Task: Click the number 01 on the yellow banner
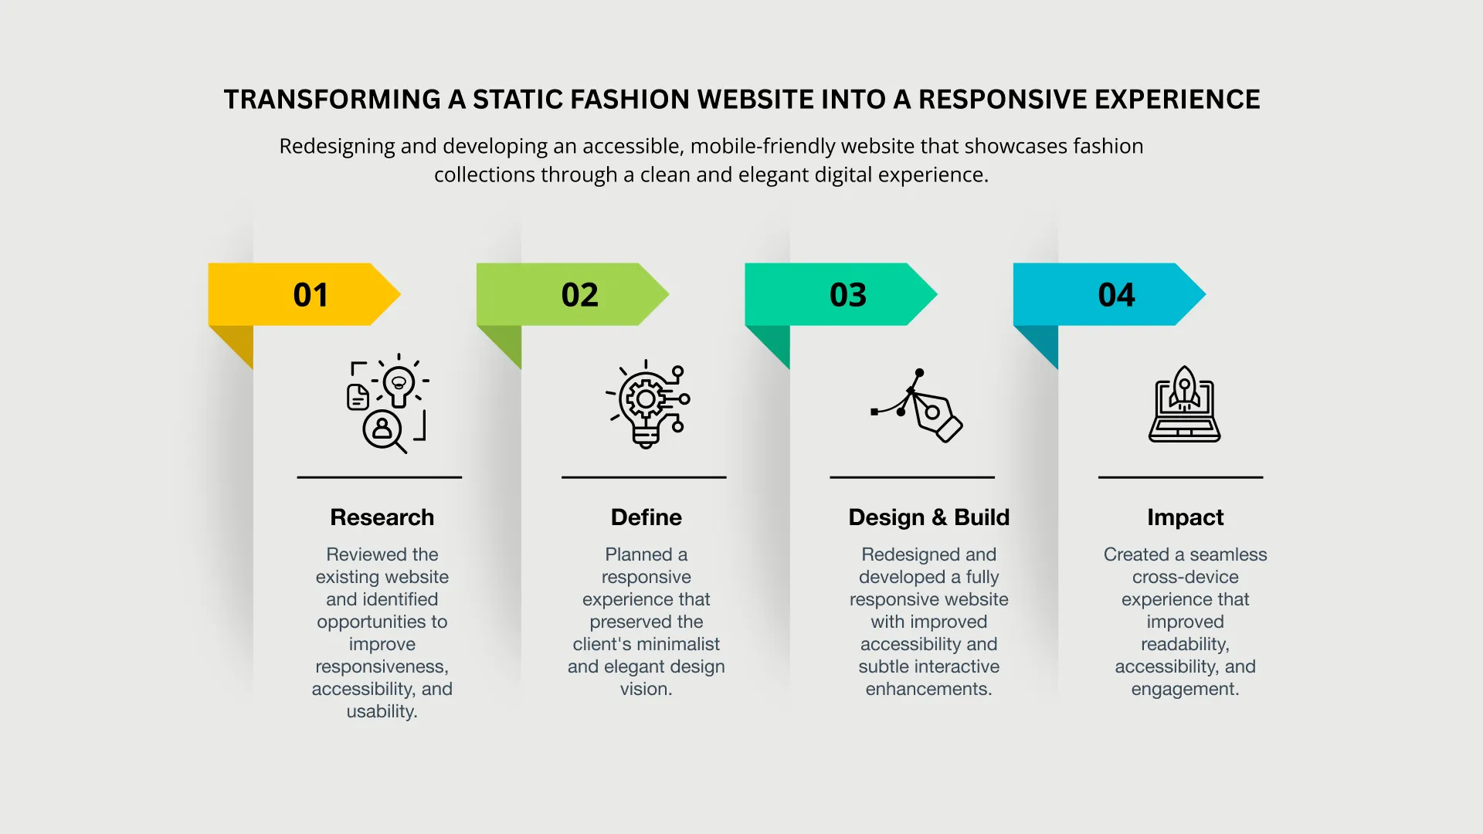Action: click(x=311, y=295)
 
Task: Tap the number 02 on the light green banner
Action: click(x=579, y=295)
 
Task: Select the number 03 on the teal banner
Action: click(x=848, y=295)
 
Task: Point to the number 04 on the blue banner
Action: click(x=1116, y=295)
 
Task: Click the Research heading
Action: click(x=382, y=517)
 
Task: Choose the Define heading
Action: click(x=646, y=517)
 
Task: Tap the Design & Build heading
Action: click(x=929, y=517)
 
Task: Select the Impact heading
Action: click(x=1186, y=518)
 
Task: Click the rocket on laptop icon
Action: click(x=1185, y=404)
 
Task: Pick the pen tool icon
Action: click(x=917, y=405)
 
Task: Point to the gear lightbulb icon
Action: click(x=647, y=404)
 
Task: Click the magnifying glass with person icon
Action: click(x=384, y=431)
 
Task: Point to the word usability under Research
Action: click(x=382, y=712)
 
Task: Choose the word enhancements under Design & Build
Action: click(x=928, y=689)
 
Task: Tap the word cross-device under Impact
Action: click(x=1186, y=577)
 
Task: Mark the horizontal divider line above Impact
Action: click(x=1181, y=477)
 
